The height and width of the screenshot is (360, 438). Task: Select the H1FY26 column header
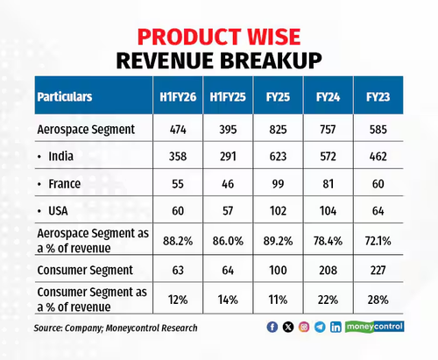(178, 97)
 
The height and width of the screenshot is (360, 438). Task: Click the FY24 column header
(328, 97)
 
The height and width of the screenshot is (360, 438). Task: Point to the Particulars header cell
(65, 97)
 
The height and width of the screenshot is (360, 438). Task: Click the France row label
(64, 184)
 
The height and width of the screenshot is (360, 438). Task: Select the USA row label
(58, 211)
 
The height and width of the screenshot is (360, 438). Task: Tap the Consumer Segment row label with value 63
(85, 270)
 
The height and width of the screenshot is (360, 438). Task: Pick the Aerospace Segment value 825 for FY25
(278, 130)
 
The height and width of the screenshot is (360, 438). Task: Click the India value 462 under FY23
(378, 157)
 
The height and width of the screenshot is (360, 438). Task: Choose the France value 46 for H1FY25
(228, 184)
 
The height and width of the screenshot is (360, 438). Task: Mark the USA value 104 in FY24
(328, 211)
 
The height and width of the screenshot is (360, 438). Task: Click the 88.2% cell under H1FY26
(178, 241)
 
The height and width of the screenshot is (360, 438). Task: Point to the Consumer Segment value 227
(378, 270)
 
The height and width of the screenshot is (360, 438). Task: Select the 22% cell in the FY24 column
(328, 300)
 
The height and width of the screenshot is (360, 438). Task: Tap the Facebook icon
(272, 327)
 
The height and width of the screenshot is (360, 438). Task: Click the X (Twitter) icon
(288, 327)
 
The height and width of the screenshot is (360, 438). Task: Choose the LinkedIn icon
(336, 327)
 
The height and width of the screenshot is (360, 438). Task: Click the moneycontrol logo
(375, 327)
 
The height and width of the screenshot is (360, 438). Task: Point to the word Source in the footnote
(47, 328)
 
